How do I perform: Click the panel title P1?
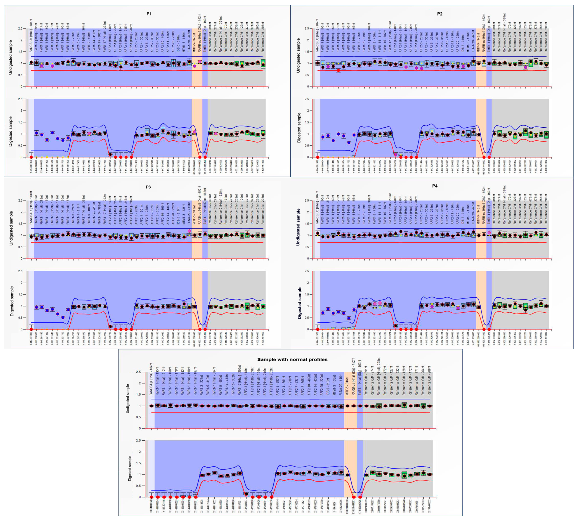pyautogui.click(x=149, y=14)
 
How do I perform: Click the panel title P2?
pyautogui.click(x=440, y=14)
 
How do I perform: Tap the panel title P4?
pyautogui.click(x=435, y=186)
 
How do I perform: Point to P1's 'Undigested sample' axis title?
pyautogui.click(x=11, y=58)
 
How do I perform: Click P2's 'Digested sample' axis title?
pyautogui.click(x=299, y=128)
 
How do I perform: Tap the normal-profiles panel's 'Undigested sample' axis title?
pyautogui.click(x=128, y=399)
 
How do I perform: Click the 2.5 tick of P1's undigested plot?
pyautogui.click(x=20, y=29)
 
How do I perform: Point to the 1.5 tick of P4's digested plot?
pyautogui.click(x=309, y=294)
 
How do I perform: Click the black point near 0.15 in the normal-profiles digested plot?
pyautogui.click(x=246, y=494)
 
